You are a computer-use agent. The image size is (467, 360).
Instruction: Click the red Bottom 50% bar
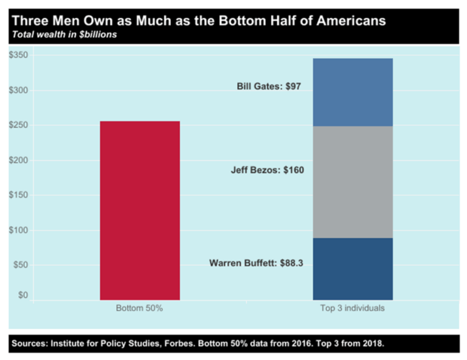pyautogui.click(x=140, y=210)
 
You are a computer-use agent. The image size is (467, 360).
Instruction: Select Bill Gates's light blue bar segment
pyautogui.click(x=353, y=92)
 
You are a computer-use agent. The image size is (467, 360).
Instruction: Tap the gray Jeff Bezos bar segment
pyautogui.click(x=353, y=182)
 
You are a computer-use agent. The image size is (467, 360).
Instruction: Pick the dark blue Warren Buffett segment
pyautogui.click(x=353, y=268)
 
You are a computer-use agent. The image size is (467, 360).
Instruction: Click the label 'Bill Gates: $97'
pyautogui.click(x=269, y=86)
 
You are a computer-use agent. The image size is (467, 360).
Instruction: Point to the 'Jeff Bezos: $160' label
pyautogui.click(x=267, y=170)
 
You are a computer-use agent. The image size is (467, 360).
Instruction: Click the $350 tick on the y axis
pyautogui.click(x=19, y=55)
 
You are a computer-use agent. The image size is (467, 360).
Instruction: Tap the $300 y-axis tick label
pyautogui.click(x=19, y=90)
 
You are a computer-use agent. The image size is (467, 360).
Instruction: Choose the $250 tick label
pyautogui.click(x=19, y=125)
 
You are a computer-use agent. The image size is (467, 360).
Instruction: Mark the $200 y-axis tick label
pyautogui.click(x=19, y=160)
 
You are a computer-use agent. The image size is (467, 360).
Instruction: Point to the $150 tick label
pyautogui.click(x=19, y=195)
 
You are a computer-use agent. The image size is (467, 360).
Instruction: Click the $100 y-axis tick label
pyautogui.click(x=19, y=230)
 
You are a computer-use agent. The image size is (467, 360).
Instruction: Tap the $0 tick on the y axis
pyautogui.click(x=22, y=296)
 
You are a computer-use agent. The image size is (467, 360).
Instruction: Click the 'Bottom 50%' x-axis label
pyautogui.click(x=139, y=308)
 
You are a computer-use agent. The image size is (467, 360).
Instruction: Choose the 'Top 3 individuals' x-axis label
pyautogui.click(x=353, y=308)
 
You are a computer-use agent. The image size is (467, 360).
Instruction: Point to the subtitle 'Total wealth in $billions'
pyautogui.click(x=64, y=35)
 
